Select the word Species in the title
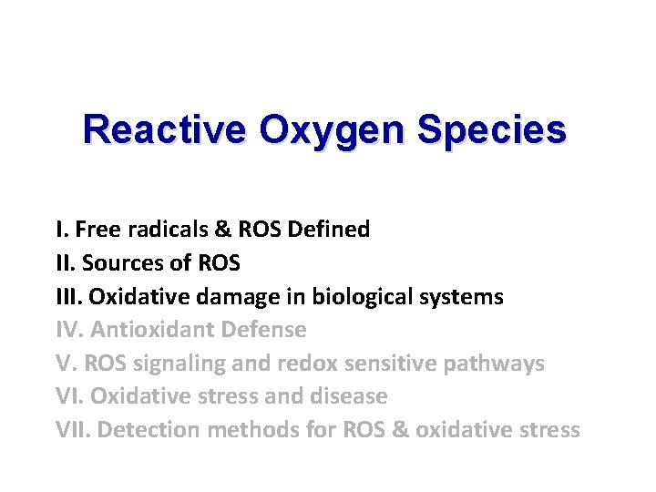click(491, 129)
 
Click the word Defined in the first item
click(328, 230)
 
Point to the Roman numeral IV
click(69, 330)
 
